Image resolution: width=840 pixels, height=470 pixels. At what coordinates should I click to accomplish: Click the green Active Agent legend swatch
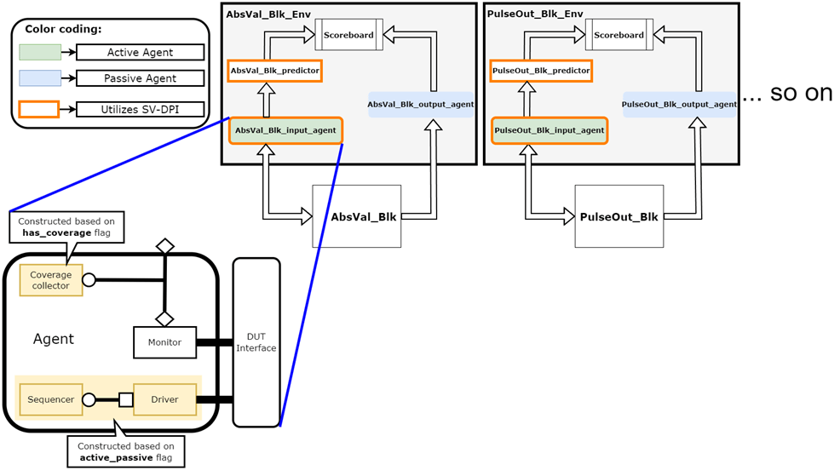40,53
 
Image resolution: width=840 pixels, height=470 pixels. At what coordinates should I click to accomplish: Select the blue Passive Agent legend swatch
40,78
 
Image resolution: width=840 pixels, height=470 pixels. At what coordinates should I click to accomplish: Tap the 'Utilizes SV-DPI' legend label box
140,109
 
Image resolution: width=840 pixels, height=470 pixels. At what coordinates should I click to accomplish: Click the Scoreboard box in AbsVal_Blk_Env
349,35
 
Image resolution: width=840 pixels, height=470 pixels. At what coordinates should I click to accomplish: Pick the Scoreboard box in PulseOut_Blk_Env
619,35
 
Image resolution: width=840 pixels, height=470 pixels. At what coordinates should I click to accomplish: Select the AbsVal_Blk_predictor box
274,71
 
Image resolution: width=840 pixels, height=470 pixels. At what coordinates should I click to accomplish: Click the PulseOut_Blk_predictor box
541,71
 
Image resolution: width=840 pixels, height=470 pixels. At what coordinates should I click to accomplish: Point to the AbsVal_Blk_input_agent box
285,130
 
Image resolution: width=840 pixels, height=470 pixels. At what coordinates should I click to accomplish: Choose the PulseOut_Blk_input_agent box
549,130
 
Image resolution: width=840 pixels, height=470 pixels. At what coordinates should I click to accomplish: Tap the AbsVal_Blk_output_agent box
420,104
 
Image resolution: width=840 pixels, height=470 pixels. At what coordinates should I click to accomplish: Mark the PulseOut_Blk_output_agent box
679,104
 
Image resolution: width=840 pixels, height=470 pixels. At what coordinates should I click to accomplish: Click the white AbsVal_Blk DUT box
356,216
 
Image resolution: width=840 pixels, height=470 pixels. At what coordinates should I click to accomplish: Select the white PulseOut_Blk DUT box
618,216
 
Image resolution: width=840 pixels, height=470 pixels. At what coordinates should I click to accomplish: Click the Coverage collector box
51,280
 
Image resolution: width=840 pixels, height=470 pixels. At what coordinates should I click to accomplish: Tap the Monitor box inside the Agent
164,342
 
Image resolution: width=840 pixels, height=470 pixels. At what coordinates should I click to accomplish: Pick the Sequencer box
51,399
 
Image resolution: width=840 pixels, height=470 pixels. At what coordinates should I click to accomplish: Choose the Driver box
165,399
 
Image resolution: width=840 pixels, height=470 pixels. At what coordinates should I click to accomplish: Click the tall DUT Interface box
256,342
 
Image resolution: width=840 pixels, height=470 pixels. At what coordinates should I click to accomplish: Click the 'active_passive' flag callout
126,452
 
